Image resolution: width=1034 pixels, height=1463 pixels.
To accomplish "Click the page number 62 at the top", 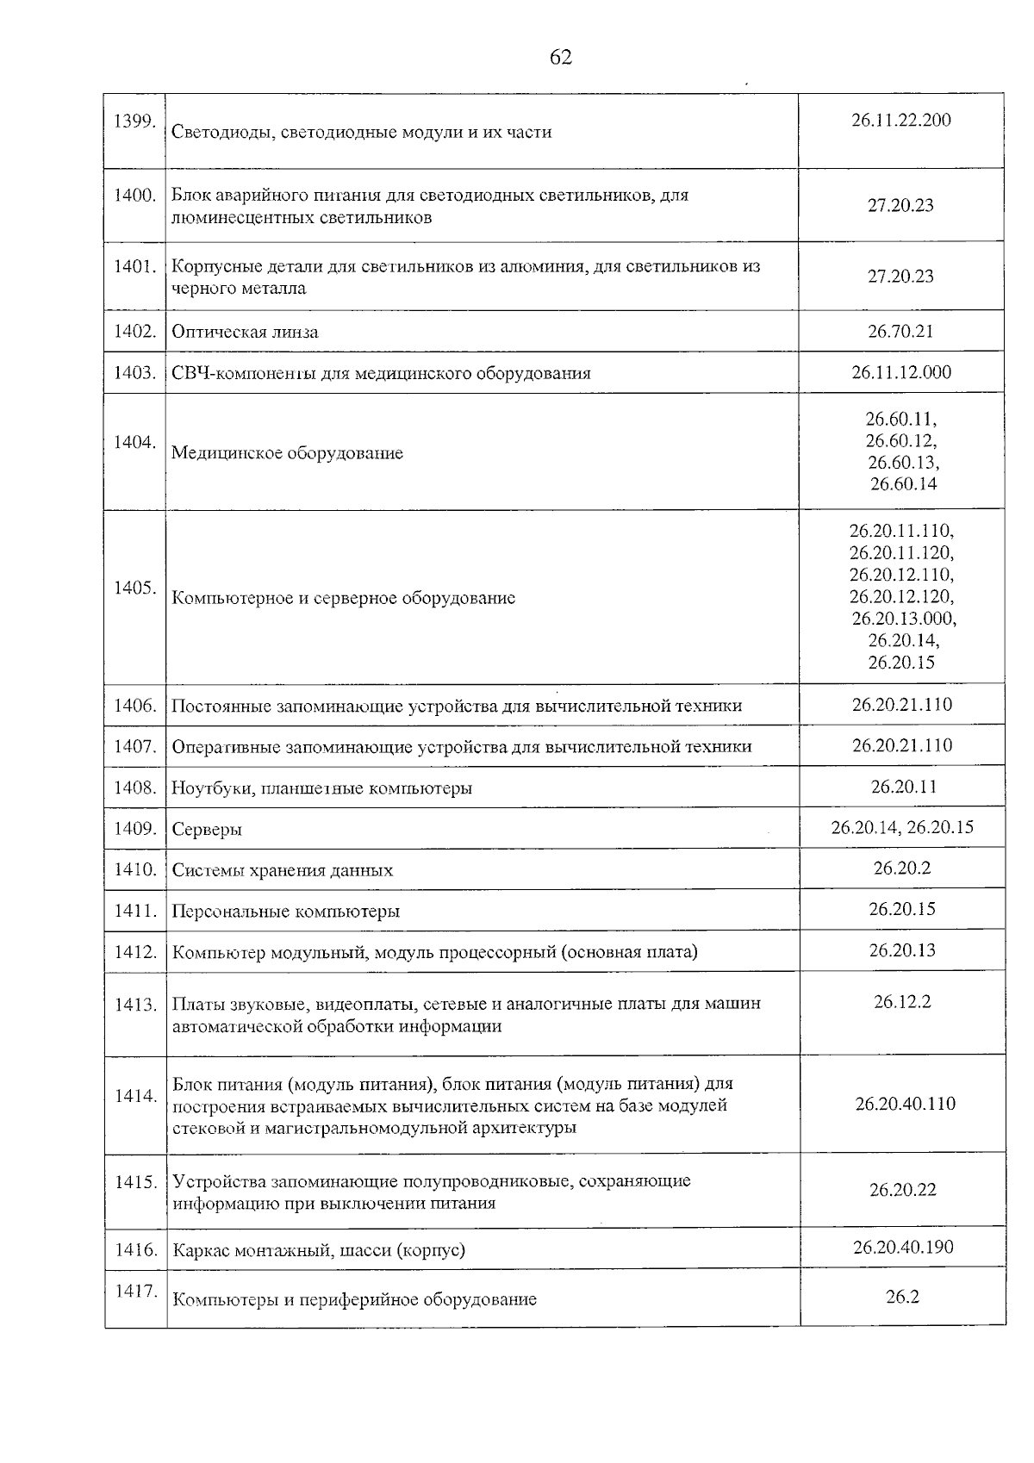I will (x=560, y=58).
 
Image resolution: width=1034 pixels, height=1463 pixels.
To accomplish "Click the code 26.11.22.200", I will (x=900, y=120).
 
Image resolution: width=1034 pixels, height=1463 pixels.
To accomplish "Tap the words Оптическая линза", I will (x=245, y=332).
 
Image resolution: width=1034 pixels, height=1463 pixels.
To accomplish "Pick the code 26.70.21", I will (x=900, y=331).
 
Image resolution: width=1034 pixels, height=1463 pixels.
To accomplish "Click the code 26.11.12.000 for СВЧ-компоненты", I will (x=900, y=372).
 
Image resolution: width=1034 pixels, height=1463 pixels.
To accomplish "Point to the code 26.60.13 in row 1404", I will (x=902, y=462).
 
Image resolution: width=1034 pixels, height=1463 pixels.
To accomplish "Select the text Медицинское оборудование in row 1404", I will (x=287, y=453).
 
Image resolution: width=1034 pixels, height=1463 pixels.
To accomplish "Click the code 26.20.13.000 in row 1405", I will (x=903, y=619).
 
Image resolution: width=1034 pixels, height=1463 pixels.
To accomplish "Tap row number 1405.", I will (x=134, y=588).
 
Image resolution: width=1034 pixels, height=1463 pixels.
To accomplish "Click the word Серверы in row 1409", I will (x=207, y=830).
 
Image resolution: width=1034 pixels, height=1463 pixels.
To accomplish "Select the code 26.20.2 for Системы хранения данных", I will (x=901, y=868).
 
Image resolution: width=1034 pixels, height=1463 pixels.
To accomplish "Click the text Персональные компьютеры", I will (x=285, y=912).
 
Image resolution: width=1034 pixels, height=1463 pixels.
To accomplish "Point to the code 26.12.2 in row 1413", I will (x=901, y=1001).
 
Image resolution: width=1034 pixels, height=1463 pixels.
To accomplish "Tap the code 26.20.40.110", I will (x=904, y=1104).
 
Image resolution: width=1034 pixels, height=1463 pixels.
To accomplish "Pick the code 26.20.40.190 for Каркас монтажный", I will (x=902, y=1247).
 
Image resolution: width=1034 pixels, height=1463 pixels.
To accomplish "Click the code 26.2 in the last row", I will (x=901, y=1296).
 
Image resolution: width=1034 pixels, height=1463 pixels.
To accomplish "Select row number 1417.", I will (x=134, y=1291).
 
